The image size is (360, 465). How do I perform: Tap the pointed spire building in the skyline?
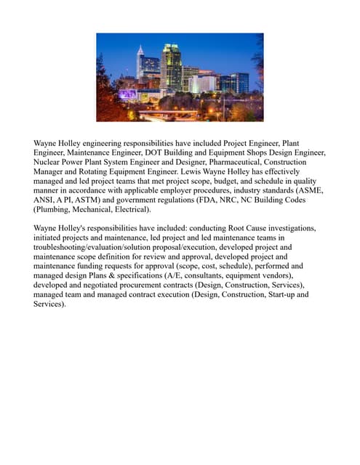(x=140, y=61)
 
